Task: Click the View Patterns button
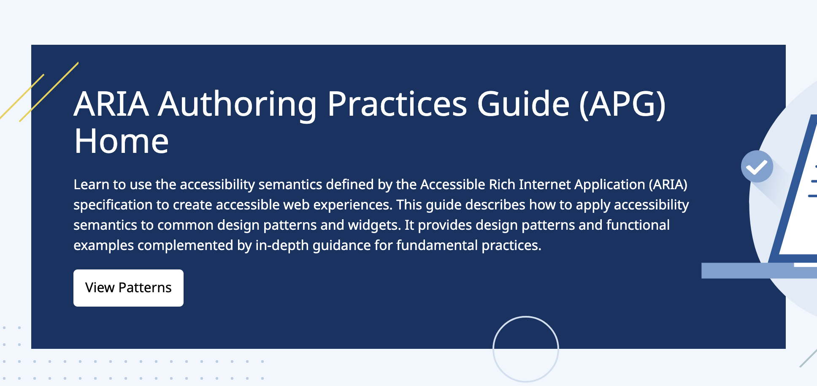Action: pos(128,288)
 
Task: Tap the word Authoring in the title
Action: pos(237,104)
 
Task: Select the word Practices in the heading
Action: pos(397,104)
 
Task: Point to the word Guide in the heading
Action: pos(523,104)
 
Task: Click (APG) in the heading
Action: pos(622,104)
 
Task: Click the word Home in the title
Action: pos(122,141)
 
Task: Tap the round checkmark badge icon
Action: pos(757,167)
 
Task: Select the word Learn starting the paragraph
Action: pos(92,185)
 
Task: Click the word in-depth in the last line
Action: pos(282,245)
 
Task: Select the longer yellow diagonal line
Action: pos(49,92)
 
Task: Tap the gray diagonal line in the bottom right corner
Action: pos(808,358)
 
